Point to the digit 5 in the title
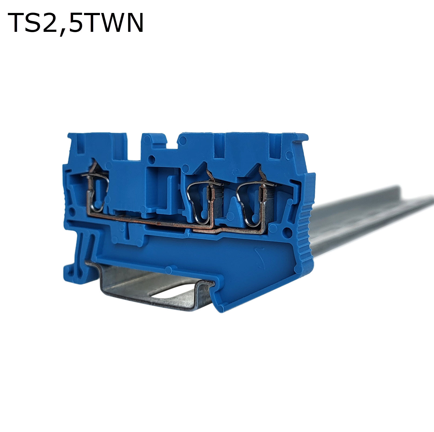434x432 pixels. pos(76,23)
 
